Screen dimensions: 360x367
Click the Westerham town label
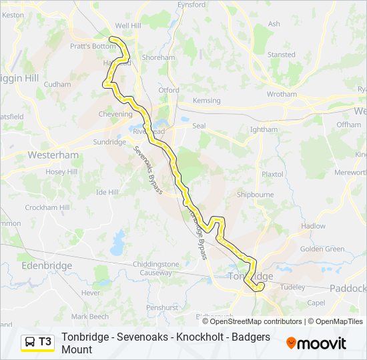pos(53,155)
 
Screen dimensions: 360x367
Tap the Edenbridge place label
pos(46,265)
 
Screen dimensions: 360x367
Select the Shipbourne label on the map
pos(255,195)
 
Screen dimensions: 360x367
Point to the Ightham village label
pos(264,129)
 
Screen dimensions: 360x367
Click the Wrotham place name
pos(282,95)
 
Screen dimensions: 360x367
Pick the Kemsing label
pos(206,101)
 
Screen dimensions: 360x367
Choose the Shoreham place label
pos(158,58)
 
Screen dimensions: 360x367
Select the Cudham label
pos(57,85)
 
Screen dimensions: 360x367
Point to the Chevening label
pos(115,114)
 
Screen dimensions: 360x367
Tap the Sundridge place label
pos(109,142)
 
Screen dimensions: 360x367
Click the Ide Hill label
pos(107,192)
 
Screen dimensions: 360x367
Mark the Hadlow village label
pos(313,226)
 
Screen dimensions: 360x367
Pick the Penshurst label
pos(163,307)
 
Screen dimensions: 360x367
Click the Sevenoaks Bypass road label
pos(148,170)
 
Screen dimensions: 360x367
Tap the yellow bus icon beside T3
pos(31,342)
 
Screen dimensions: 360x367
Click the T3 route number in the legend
pos(45,342)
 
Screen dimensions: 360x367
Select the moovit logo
pos(316,343)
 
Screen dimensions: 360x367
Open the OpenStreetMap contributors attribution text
pos(247,321)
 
